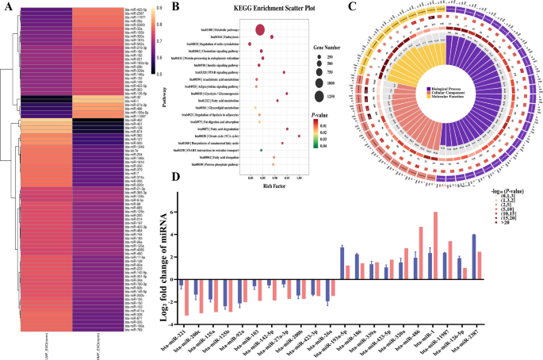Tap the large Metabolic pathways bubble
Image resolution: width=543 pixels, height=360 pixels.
[x=260, y=30]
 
